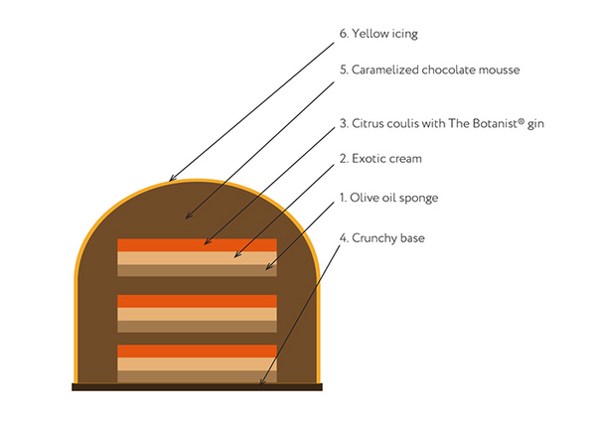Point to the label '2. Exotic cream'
click(381, 158)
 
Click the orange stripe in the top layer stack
click(197, 245)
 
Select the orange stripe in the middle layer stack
click(197, 301)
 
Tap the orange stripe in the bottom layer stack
click(197, 351)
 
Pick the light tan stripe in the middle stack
click(197, 314)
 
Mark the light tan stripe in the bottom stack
click(197, 363)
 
